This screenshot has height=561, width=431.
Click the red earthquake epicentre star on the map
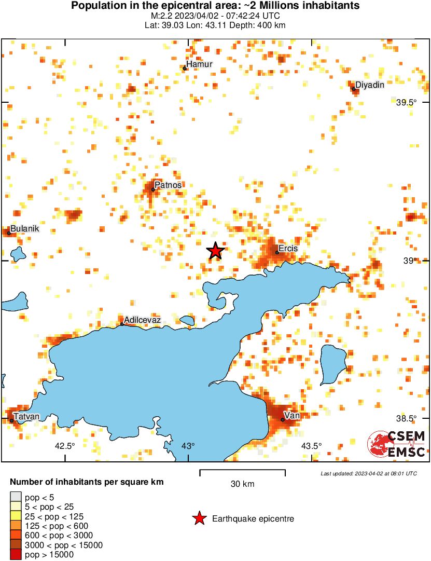tap(215, 251)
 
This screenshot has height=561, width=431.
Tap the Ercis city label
tap(288, 249)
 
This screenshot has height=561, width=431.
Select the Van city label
tap(293, 415)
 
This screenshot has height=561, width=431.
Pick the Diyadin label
tap(370, 85)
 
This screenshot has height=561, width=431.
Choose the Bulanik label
tap(25, 229)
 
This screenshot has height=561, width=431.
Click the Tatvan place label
tap(26, 416)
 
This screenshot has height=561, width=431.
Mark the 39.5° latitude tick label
tap(407, 103)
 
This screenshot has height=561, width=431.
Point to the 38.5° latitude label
tap(407, 419)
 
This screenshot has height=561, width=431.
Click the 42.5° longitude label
tap(65, 446)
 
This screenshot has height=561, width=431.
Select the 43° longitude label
tap(188, 446)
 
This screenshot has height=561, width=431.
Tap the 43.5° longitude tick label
tap(311, 446)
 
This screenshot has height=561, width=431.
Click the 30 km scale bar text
tap(242, 484)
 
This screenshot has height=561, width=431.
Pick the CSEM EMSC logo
tap(397, 444)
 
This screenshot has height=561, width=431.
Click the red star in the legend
tap(199, 518)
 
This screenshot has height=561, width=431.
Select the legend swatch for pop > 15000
tap(16, 555)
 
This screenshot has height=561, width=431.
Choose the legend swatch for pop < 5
tap(16, 497)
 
